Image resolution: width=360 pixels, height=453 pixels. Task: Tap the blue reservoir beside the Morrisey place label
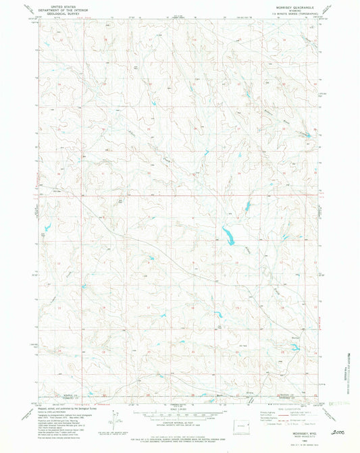295,348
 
